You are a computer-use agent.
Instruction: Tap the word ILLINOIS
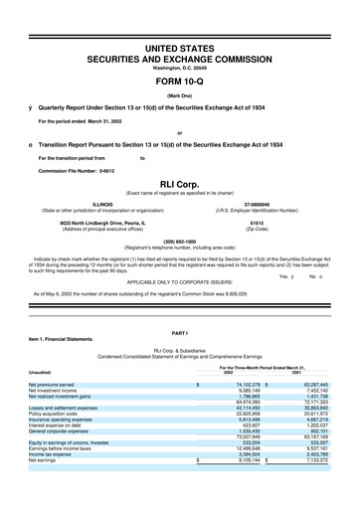[101, 204]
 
